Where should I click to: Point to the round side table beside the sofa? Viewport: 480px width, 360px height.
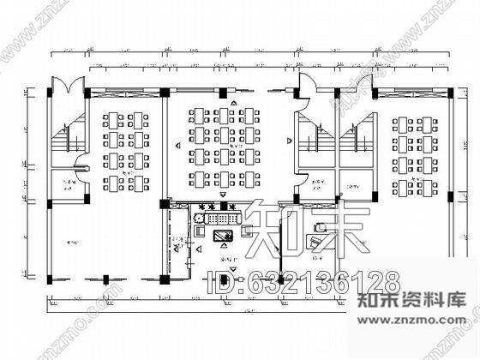pyautogui.click(x=199, y=219)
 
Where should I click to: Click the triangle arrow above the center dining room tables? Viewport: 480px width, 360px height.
pyautogui.click(x=222, y=103)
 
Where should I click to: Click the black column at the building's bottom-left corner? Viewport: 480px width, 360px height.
pyautogui.click(x=50, y=279)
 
